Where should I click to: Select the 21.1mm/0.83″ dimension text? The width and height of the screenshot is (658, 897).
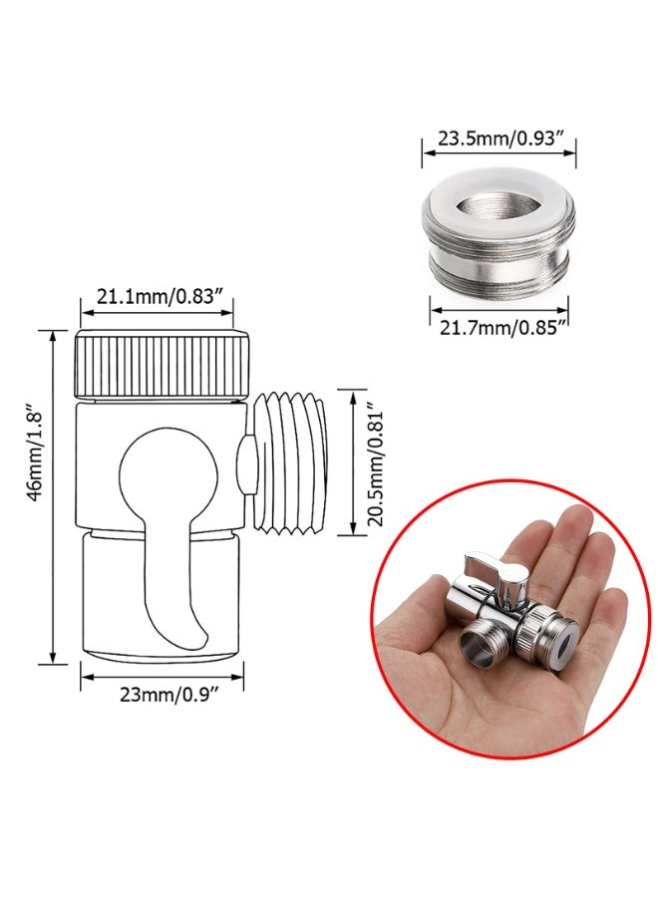[158, 297]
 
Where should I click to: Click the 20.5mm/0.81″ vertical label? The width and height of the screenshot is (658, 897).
[375, 463]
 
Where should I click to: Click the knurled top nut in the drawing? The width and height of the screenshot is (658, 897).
[161, 365]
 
